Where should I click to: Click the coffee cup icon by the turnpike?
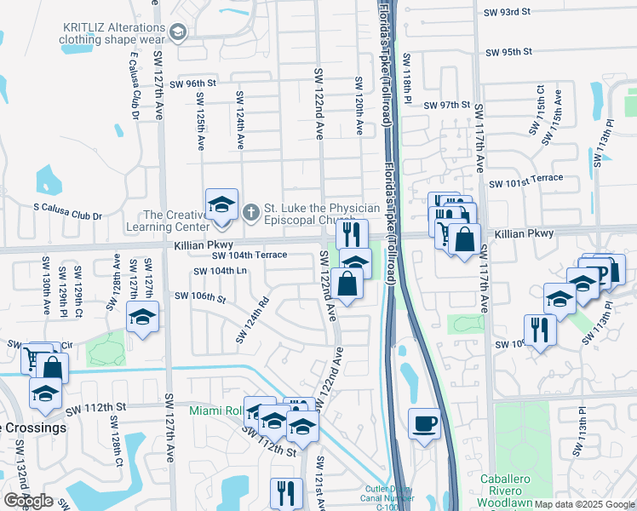tap(424, 423)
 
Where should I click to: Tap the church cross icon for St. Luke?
tap(251, 210)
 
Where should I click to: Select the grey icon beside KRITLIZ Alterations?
tap(178, 32)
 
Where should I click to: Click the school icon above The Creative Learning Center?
tap(221, 204)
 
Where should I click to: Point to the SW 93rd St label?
tap(507, 12)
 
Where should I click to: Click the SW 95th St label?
tap(508, 52)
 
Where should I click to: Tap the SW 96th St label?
tap(193, 83)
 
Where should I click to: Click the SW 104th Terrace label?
tap(249, 255)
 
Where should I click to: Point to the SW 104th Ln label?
tap(220, 271)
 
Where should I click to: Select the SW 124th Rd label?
tap(253, 321)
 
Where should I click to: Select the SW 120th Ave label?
tap(360, 106)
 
